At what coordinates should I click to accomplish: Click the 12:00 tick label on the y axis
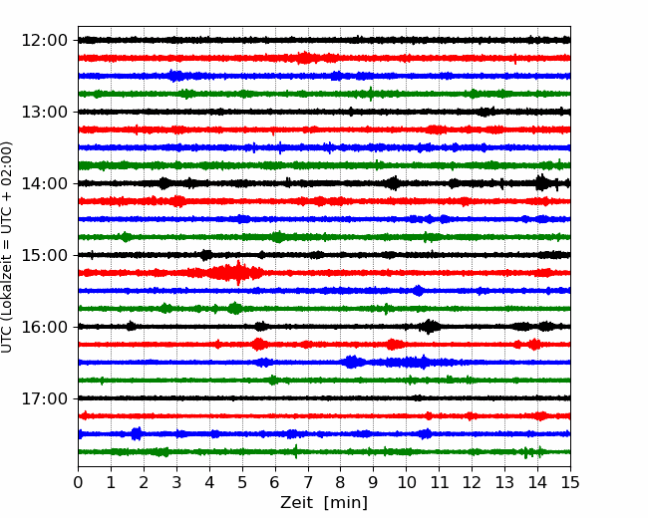[44, 41]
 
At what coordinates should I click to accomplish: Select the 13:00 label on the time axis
[44, 112]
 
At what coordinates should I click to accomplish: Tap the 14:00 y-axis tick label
[44, 183]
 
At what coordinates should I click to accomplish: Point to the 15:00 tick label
[44, 255]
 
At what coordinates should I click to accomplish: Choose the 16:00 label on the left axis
[44, 327]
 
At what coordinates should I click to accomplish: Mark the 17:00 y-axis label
[44, 398]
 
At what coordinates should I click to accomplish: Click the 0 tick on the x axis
[78, 482]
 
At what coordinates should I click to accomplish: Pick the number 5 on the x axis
[242, 482]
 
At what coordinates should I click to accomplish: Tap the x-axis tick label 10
[406, 482]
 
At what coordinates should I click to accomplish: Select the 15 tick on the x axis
[570, 482]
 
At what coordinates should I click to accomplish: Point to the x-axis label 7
[308, 482]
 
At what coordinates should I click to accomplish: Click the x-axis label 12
[472, 482]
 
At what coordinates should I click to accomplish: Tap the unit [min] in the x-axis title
[346, 503]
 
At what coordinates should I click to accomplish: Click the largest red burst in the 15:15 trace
[236, 273]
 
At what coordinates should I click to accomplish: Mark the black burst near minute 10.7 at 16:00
[430, 327]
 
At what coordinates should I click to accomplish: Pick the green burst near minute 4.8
[235, 308]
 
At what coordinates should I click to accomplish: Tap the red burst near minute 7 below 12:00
[305, 58]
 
